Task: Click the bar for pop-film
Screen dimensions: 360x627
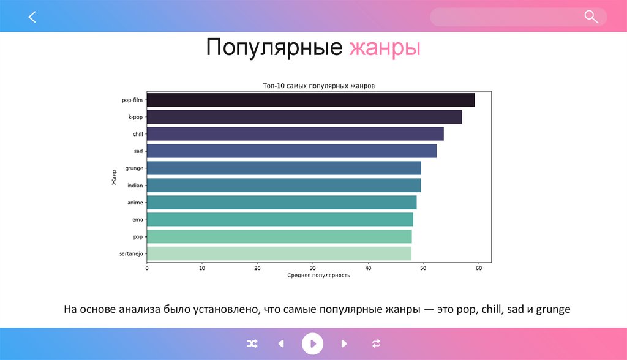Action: click(x=310, y=100)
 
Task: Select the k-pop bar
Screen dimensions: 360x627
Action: click(x=304, y=117)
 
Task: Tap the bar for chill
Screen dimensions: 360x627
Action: click(x=295, y=134)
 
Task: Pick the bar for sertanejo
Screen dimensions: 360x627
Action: click(x=279, y=253)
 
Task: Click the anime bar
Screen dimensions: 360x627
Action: click(x=282, y=203)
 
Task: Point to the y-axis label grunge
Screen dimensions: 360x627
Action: click(x=133, y=168)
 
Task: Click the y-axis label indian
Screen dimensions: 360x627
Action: click(x=135, y=186)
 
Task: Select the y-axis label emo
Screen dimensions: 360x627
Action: click(x=137, y=219)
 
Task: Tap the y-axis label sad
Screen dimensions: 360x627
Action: click(x=138, y=151)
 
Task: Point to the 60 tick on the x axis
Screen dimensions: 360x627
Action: click(x=479, y=268)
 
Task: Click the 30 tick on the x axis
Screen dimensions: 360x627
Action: click(x=313, y=268)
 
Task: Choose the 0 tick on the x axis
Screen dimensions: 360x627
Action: click(x=147, y=268)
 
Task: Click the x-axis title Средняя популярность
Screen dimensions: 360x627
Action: click(x=318, y=276)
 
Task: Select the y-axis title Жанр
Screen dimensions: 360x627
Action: click(x=114, y=177)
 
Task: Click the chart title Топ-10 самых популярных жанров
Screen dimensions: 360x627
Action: click(x=318, y=86)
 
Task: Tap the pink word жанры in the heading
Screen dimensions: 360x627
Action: click(x=385, y=48)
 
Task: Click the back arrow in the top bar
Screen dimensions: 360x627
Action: click(x=32, y=17)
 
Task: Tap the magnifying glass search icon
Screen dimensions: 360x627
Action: click(x=591, y=17)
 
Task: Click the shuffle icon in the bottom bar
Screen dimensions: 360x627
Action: click(x=252, y=344)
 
